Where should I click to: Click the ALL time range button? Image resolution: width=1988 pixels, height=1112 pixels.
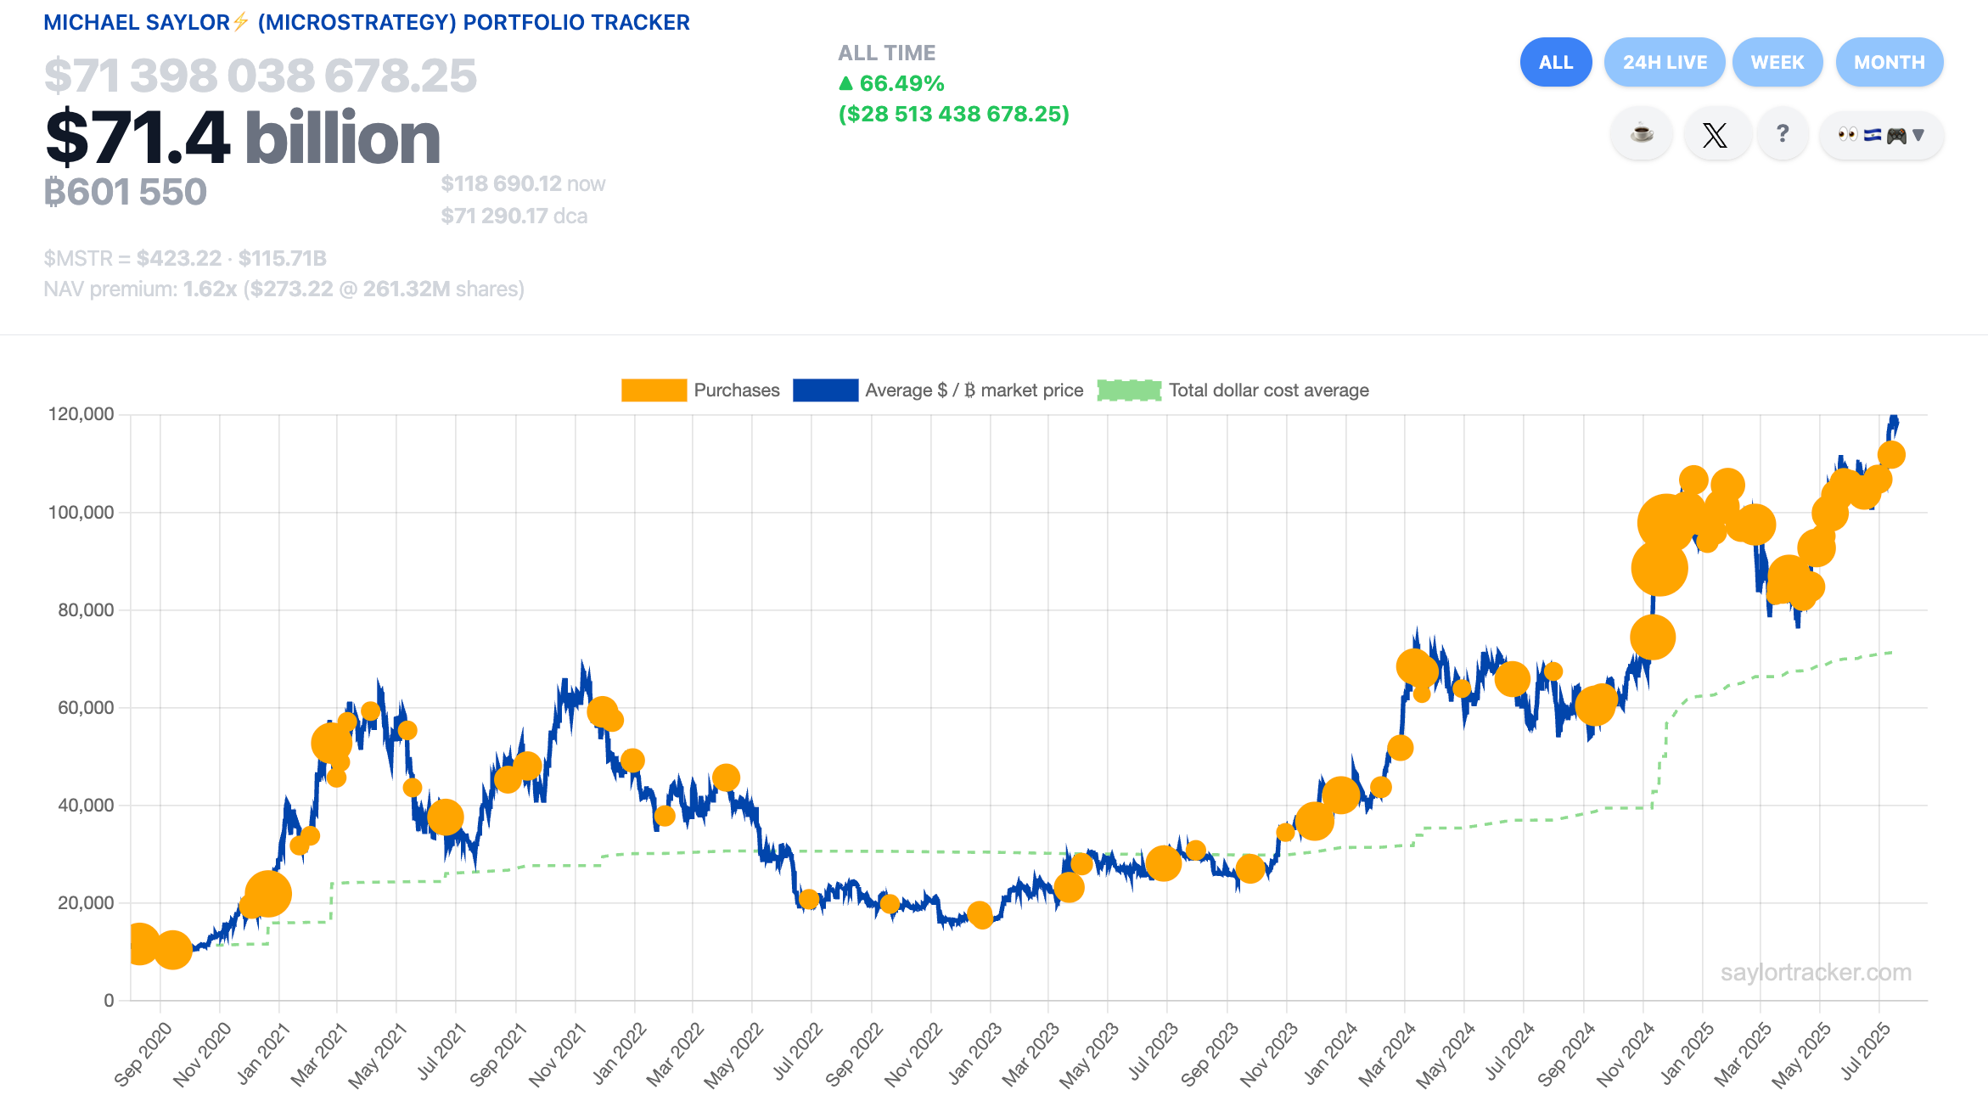pos(1555,62)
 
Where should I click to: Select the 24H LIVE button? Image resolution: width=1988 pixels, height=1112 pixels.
pos(1664,62)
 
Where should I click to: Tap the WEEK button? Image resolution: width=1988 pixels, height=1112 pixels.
pos(1777,62)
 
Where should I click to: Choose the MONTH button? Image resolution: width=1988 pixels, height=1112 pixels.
pos(1889,62)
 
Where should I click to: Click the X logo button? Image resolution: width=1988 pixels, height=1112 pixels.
pos(1715,135)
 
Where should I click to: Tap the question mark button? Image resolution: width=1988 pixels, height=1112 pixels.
pos(1783,134)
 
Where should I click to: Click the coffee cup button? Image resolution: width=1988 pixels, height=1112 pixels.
pos(1642,134)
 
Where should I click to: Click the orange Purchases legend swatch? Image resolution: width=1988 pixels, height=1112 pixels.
pos(654,390)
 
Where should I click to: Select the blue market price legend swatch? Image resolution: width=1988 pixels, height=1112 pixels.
pos(825,390)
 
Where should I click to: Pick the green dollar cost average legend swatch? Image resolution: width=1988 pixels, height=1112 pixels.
pos(1129,390)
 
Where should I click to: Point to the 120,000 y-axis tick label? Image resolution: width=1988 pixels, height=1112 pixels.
pos(81,414)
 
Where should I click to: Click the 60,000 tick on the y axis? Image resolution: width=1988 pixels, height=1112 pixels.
pos(85,708)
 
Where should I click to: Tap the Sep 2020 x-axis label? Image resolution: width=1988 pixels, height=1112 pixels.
pos(143,1054)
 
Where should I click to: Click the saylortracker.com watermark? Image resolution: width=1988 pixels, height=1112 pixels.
pos(1816,973)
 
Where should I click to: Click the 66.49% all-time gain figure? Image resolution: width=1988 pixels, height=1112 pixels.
pos(901,84)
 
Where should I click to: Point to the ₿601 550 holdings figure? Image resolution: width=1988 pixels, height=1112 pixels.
pos(126,193)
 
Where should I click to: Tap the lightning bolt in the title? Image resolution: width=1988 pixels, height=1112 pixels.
pos(241,21)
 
